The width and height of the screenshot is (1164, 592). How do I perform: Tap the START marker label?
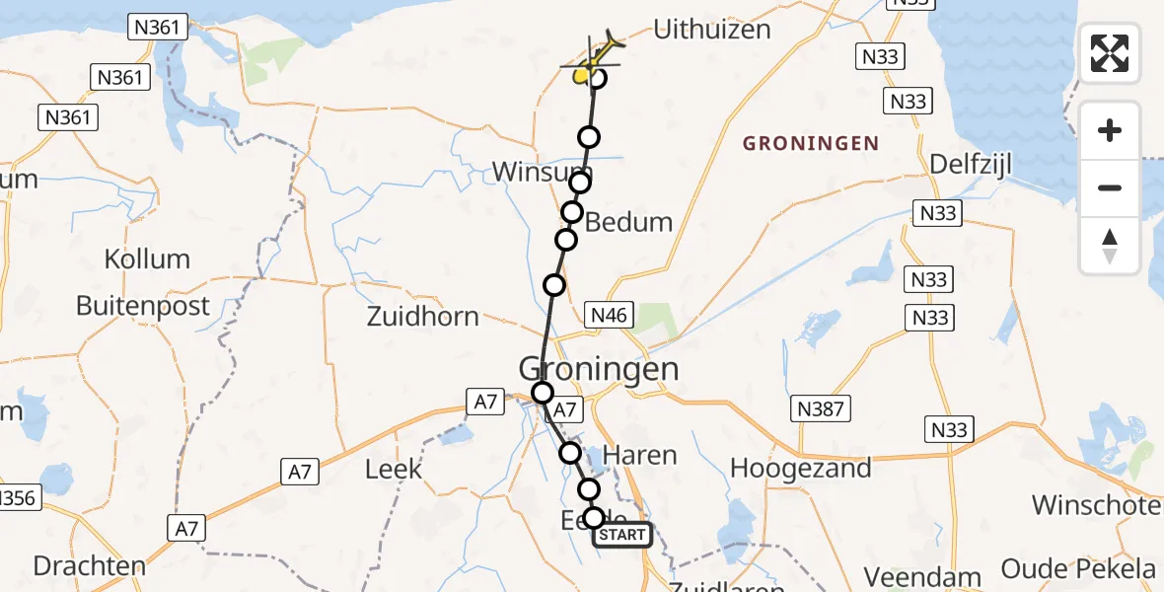622,535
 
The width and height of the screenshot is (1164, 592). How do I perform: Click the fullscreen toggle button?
1110,53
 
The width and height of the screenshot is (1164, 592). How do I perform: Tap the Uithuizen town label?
711,30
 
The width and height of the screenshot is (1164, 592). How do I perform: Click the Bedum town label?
629,222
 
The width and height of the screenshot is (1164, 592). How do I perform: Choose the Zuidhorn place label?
422,317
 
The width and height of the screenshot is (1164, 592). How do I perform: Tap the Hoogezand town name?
800,468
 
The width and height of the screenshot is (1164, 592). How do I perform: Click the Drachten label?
89,566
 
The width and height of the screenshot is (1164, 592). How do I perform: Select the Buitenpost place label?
143,306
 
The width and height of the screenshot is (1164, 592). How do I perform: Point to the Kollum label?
147,259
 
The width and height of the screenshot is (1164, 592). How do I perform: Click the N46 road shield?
609,314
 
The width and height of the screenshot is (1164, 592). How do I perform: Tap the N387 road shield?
821,407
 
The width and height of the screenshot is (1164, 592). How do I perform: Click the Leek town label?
394,469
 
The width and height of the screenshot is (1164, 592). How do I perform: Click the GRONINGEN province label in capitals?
810,144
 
